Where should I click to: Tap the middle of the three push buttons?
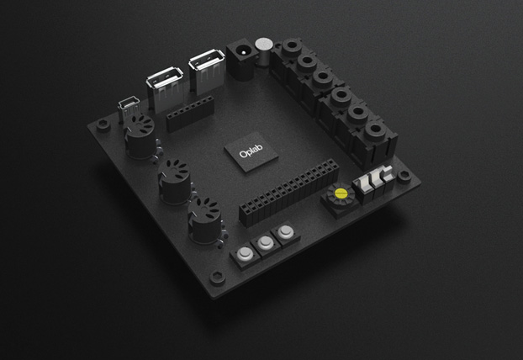[x=267, y=244]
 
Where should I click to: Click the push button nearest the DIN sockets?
[x=246, y=254]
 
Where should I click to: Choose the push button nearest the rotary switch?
[x=287, y=231]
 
